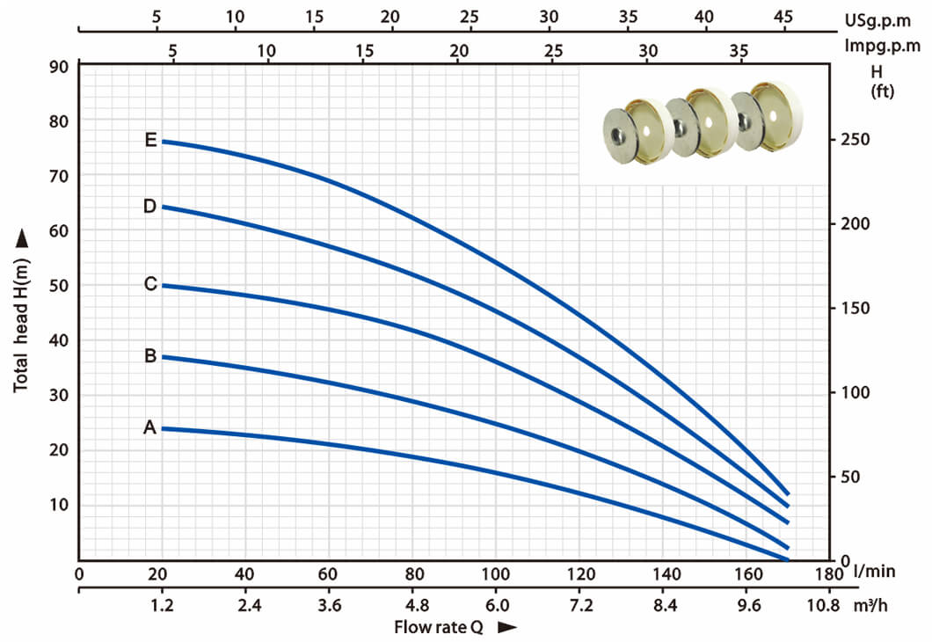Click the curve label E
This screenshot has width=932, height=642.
tap(151, 140)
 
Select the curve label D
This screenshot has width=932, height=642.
tap(150, 207)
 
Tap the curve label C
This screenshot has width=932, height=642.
tap(151, 284)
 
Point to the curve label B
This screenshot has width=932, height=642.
tap(150, 355)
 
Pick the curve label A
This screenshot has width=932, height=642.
tap(149, 427)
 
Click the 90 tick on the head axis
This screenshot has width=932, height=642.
tap(59, 67)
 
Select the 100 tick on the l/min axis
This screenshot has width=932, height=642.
tap(495, 574)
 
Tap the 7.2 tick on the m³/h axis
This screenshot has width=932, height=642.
tap(580, 606)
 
